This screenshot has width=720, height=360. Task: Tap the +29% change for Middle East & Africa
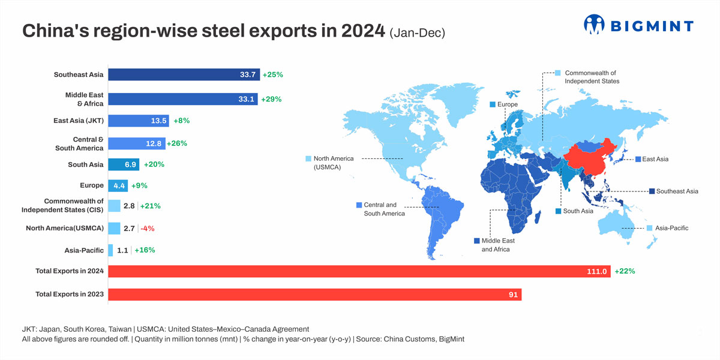click(x=271, y=99)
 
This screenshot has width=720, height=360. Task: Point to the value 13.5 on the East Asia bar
click(x=159, y=121)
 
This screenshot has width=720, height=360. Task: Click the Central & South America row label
click(x=79, y=143)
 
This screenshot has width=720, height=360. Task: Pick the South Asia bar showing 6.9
click(x=123, y=164)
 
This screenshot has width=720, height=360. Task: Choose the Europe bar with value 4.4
click(x=118, y=185)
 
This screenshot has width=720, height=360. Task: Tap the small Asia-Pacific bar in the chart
click(x=110, y=250)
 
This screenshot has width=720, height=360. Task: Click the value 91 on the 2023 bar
click(x=513, y=295)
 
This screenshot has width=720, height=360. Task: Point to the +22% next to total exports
click(x=624, y=271)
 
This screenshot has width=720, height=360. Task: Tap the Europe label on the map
click(x=507, y=104)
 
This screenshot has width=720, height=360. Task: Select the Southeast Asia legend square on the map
click(x=652, y=191)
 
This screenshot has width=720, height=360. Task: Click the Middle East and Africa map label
click(x=497, y=245)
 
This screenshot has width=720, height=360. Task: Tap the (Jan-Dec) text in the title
click(x=417, y=33)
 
